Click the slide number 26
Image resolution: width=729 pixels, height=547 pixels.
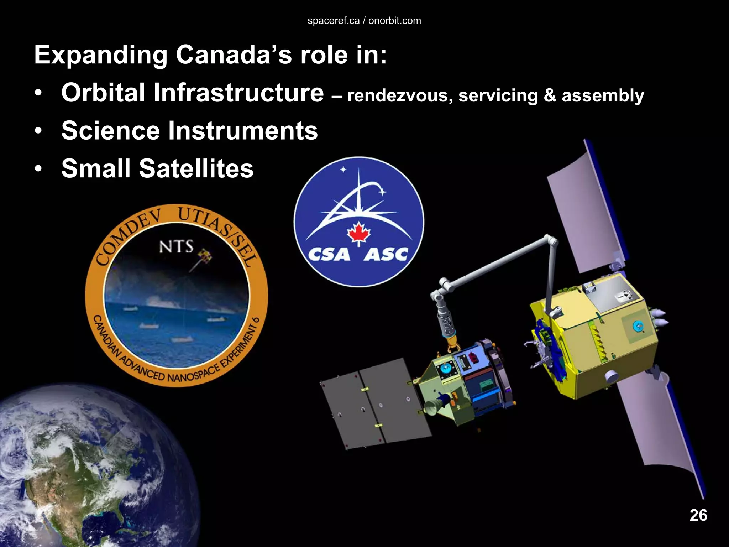coord(698,515)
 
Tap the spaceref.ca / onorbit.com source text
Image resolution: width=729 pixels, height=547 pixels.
coord(364,21)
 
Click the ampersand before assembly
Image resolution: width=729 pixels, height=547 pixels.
coord(550,95)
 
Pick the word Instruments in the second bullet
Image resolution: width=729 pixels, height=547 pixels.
coord(243,131)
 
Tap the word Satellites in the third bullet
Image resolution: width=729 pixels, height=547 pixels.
coord(196,168)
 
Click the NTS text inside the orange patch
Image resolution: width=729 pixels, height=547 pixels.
coord(176,246)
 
